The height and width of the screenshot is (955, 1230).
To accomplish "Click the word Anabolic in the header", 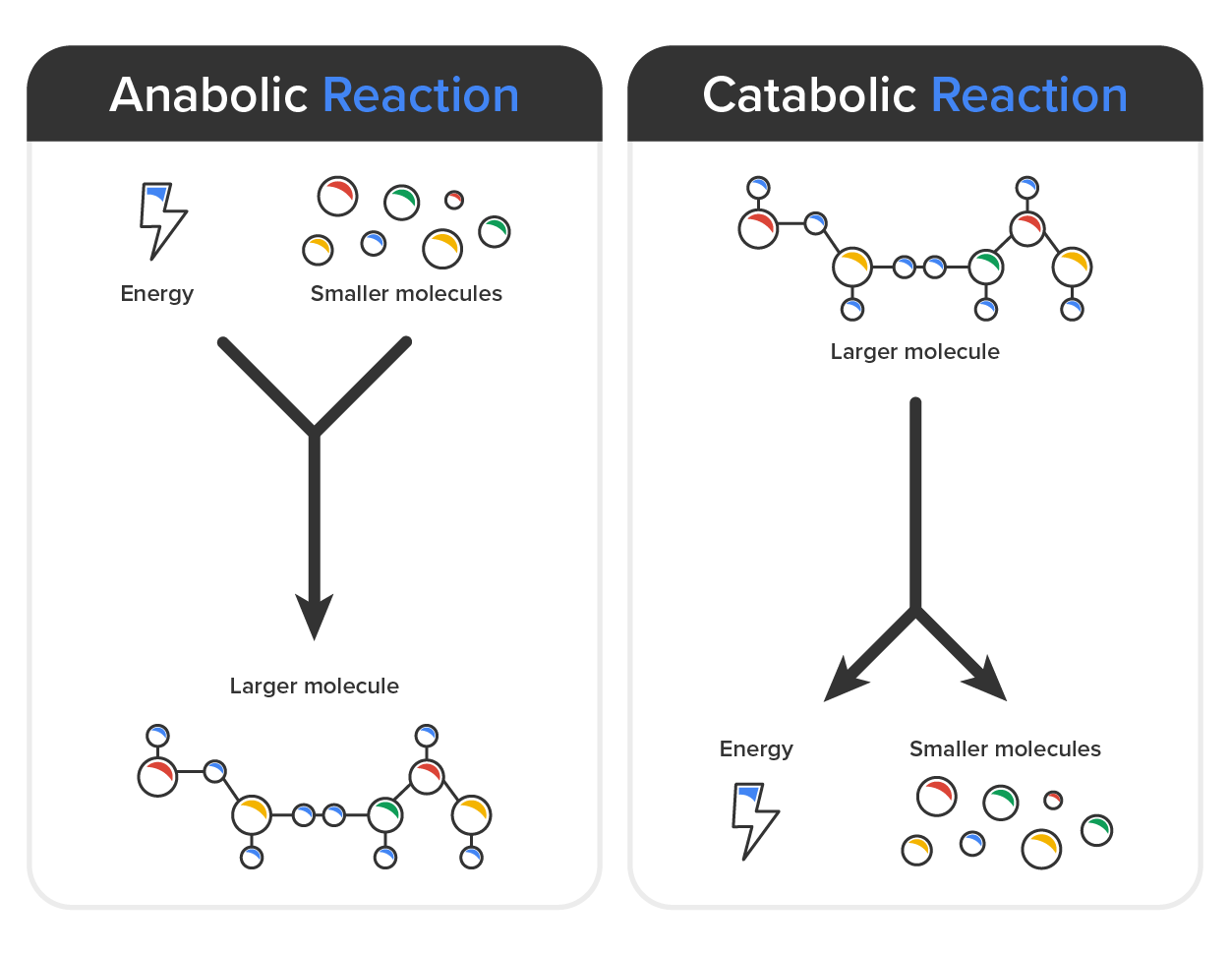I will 209,95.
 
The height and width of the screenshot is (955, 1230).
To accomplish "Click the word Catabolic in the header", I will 809,95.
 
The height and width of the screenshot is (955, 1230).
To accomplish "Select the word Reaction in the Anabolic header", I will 420,95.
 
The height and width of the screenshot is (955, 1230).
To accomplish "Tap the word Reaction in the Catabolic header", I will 1028,95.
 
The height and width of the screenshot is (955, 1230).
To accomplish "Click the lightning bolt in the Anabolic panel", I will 160,220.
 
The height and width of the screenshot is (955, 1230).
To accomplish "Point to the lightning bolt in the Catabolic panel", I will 754,819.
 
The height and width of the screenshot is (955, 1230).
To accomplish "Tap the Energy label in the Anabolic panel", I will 157,293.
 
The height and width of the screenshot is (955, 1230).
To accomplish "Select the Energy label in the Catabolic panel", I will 756,748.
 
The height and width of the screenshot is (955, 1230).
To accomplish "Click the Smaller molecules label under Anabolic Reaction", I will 406,293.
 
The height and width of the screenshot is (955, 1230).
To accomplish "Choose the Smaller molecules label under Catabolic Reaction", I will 1005,748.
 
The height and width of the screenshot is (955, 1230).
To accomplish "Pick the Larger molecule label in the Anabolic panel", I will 315,686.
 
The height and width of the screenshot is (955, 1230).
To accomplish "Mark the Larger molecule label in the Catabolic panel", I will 914,351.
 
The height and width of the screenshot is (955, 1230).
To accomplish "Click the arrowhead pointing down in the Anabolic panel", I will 315,618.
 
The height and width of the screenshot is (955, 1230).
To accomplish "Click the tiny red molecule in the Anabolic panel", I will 453,200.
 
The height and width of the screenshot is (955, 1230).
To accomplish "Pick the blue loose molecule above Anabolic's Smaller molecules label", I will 374,242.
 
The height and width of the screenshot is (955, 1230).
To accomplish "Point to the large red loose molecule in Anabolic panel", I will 337,197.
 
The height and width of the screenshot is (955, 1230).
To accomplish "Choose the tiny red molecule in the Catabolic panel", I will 1053,800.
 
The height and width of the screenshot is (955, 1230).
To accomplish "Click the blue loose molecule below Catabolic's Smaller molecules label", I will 972,843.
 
